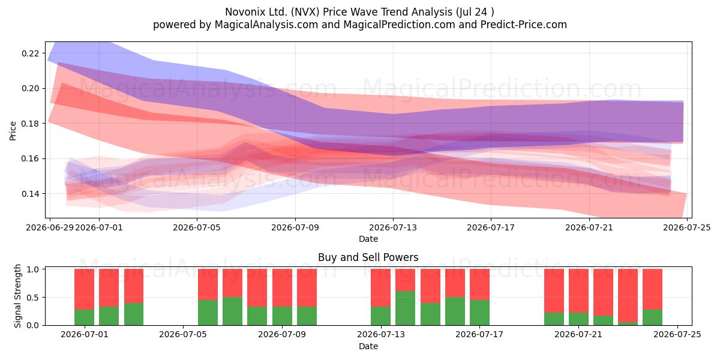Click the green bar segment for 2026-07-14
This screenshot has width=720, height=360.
click(405, 308)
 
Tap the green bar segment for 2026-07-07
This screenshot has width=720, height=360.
click(232, 311)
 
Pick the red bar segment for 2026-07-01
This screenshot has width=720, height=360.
click(84, 289)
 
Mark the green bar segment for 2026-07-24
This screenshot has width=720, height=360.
click(653, 317)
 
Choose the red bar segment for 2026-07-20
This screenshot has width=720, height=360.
click(554, 291)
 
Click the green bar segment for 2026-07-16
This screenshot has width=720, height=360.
click(455, 311)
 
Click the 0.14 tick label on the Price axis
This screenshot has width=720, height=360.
click(31, 194)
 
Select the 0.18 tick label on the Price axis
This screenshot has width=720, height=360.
click(31, 124)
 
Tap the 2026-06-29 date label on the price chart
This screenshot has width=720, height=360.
click(49, 227)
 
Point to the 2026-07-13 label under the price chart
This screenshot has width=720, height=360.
click(393, 227)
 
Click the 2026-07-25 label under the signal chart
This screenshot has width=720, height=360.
click(677, 335)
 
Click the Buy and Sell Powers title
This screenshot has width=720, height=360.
click(368, 257)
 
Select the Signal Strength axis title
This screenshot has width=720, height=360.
click(17, 296)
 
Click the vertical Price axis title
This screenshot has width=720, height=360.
click(13, 131)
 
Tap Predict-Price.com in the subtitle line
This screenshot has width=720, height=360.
click(524, 25)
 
